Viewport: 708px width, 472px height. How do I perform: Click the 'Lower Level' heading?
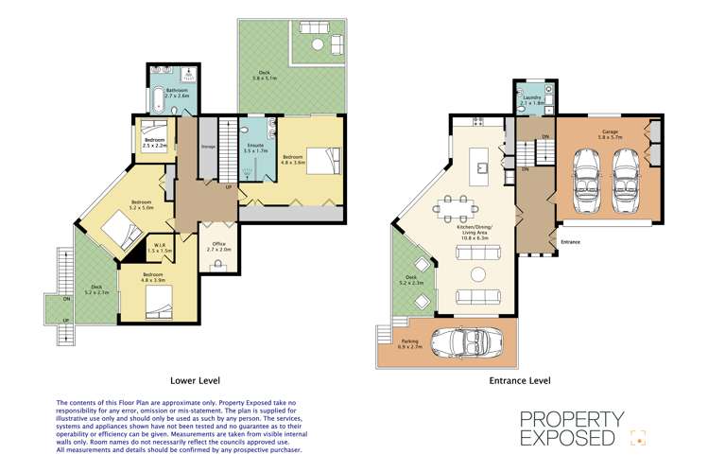tap(195, 380)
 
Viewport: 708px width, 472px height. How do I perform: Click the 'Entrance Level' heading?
tap(519, 380)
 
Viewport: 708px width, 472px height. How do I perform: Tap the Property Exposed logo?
tap(585, 428)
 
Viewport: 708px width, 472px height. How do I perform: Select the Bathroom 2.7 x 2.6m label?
tap(177, 94)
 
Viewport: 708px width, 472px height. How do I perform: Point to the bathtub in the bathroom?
tap(157, 100)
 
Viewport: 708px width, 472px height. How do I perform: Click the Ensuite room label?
tap(256, 148)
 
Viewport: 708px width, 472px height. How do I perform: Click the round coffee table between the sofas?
tap(477, 275)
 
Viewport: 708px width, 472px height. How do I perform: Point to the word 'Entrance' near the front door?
tap(570, 242)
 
